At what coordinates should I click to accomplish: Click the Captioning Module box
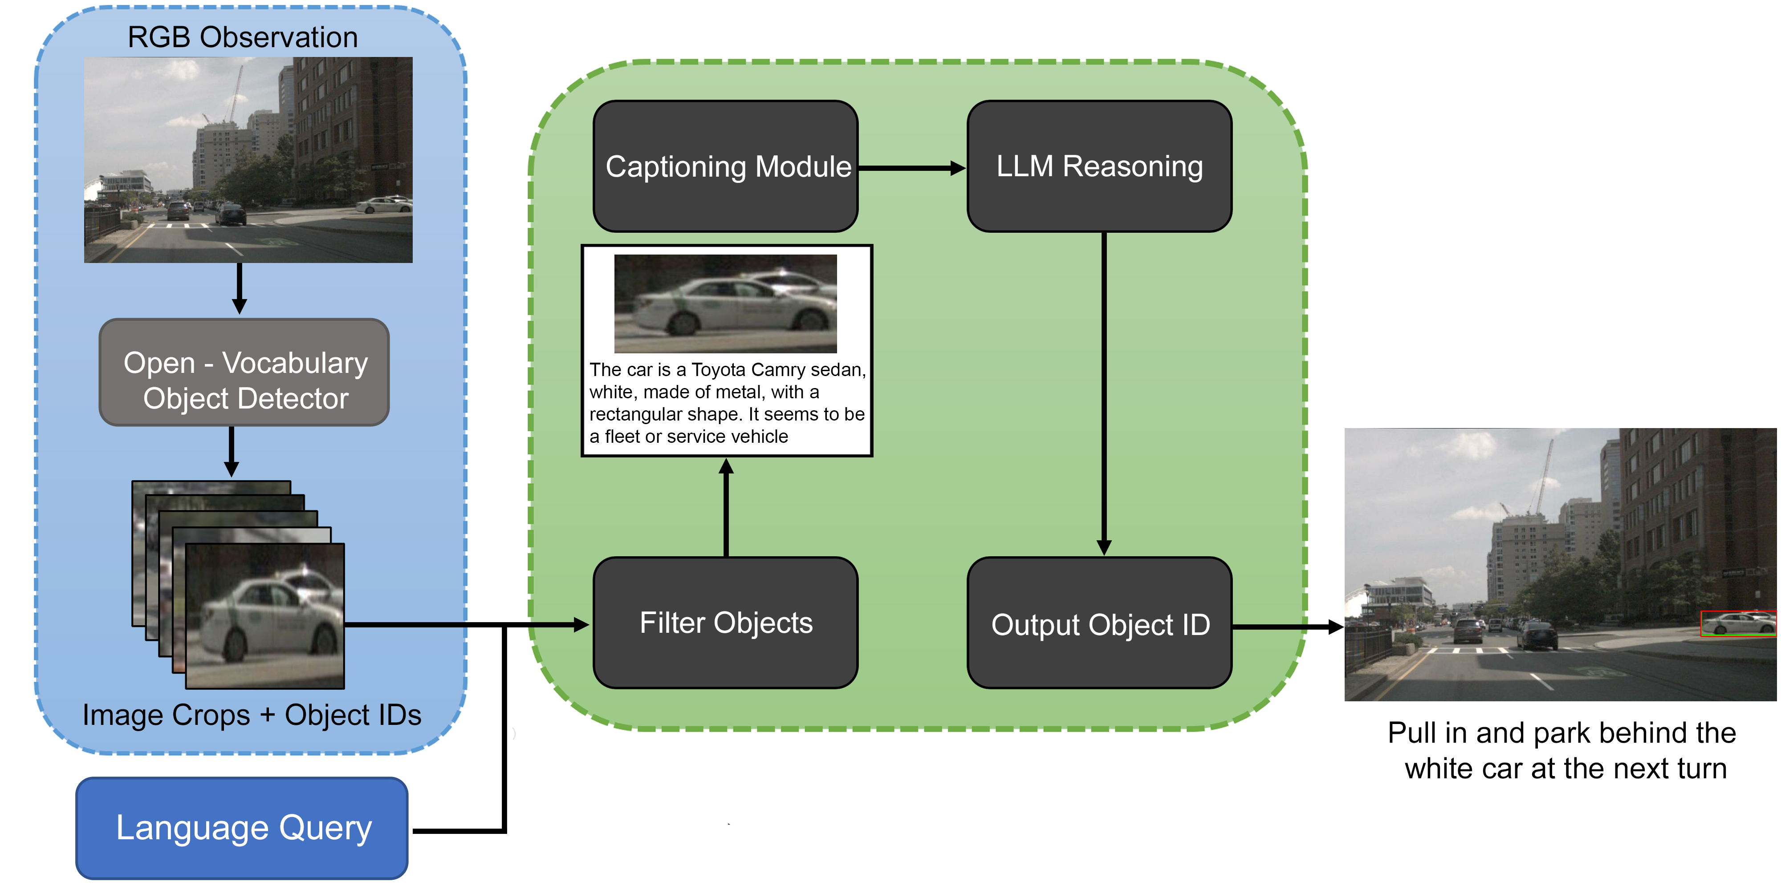725,166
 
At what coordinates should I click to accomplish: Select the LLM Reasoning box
1099,166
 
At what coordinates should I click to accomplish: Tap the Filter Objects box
725,623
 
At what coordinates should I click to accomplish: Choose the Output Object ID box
1099,624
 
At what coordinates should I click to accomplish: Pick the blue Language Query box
242,828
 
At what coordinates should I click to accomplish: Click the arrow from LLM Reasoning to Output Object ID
1104,394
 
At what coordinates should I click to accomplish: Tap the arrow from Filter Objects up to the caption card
726,508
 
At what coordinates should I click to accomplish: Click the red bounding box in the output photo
1737,623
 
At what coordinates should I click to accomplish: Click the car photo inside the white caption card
725,303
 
